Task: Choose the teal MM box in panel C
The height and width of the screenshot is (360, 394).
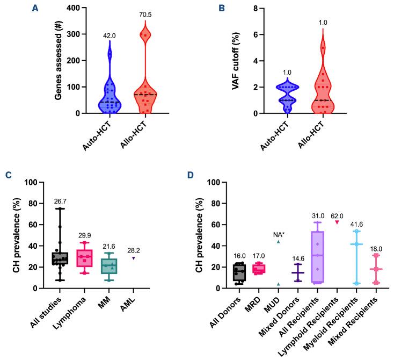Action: coord(110,266)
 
